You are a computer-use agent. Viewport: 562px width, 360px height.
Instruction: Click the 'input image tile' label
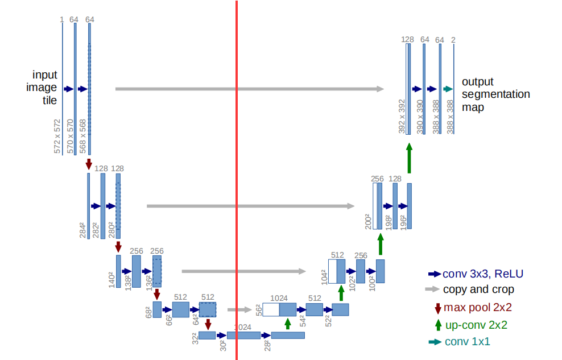(44, 88)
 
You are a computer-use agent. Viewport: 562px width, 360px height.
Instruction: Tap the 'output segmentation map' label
(495, 94)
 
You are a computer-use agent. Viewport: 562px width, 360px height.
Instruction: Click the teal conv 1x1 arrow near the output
(448, 89)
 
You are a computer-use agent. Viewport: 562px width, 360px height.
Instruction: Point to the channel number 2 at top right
(453, 40)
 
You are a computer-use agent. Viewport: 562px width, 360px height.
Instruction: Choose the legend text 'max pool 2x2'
(478, 307)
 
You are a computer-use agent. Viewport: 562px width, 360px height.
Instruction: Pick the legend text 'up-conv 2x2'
(477, 325)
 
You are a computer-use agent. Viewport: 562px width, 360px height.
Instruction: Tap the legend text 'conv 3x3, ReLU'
(483, 274)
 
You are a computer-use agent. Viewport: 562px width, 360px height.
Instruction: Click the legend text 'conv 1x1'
(468, 342)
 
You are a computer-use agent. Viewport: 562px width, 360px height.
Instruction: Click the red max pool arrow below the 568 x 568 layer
(89, 164)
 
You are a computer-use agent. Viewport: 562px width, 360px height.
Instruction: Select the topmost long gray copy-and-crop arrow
(249, 89)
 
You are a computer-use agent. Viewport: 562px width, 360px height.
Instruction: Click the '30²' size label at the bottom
(223, 345)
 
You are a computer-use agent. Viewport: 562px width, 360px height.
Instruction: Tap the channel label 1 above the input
(61, 20)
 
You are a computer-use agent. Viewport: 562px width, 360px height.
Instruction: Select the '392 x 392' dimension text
(402, 117)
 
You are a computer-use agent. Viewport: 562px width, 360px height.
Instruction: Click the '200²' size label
(368, 221)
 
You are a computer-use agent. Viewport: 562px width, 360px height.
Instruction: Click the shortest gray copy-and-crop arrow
(239, 310)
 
